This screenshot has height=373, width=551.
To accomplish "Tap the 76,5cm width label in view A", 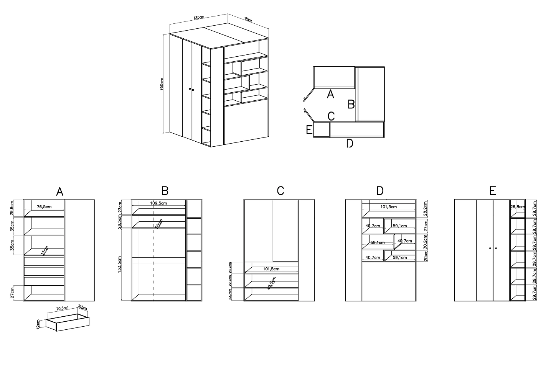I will [45, 206].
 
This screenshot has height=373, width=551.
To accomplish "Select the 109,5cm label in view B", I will [159, 203].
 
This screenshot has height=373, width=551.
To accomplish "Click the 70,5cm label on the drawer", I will [62, 308].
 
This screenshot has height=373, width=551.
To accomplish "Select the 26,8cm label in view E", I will [517, 207].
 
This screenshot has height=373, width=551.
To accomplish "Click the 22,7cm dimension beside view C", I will [230, 280].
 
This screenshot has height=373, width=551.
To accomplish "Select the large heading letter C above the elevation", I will [280, 191].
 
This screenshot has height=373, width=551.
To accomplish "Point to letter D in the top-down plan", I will [350, 144].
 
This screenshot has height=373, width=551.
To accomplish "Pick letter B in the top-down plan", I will [351, 104].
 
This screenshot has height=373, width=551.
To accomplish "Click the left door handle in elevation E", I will [490, 249].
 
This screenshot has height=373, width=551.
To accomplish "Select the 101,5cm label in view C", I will [271, 269].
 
